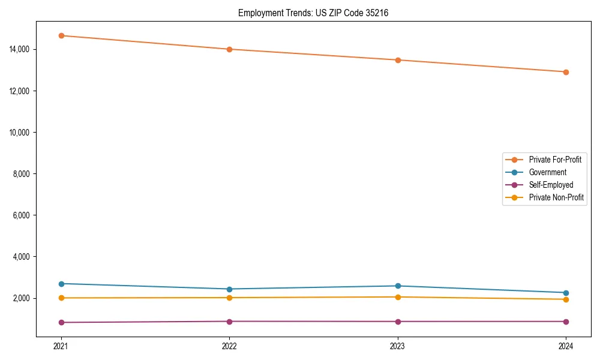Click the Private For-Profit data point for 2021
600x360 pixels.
(61, 35)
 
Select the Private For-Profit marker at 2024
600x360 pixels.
(566, 72)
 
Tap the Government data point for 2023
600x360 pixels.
(398, 286)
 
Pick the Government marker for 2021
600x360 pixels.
(61, 283)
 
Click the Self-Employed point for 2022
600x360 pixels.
(229, 321)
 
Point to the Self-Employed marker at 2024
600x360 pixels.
(566, 321)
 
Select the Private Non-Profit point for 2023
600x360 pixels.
(398, 297)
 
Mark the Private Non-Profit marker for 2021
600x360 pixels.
(61, 298)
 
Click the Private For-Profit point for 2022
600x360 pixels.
(229, 49)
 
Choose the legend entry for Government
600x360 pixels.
(547, 172)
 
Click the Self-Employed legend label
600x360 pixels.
(551, 185)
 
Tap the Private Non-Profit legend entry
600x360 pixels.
(556, 197)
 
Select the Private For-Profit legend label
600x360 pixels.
(555, 160)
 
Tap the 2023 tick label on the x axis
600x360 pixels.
(398, 346)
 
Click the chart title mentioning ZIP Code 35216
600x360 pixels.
(313, 13)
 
